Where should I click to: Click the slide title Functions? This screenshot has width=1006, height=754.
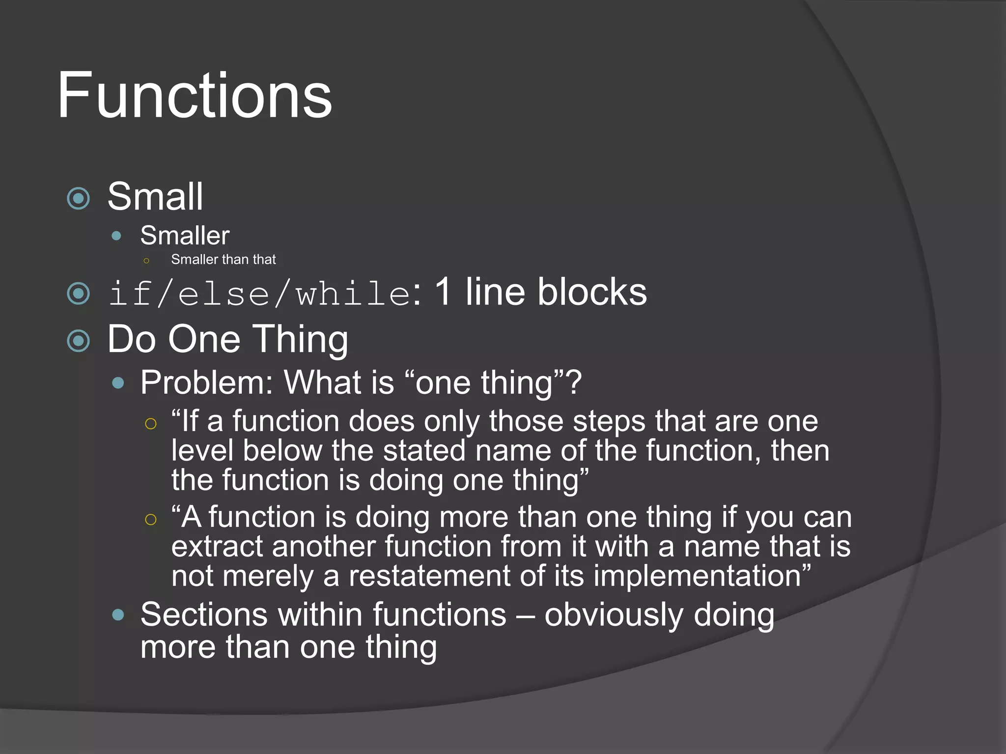pyautogui.click(x=195, y=95)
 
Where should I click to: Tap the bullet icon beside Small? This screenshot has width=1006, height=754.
pyautogui.click(x=79, y=198)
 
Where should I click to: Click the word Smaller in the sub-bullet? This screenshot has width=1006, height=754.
pyautogui.click(x=185, y=236)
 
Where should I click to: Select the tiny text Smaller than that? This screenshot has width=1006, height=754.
pyautogui.click(x=223, y=259)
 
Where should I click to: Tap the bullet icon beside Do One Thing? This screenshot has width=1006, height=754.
pyautogui.click(x=79, y=341)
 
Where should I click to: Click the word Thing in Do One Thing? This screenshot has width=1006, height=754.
pyautogui.click(x=301, y=339)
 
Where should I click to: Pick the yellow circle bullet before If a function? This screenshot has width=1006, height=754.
pyautogui.click(x=151, y=424)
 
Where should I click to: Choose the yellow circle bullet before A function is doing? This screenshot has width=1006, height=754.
pyautogui.click(x=151, y=519)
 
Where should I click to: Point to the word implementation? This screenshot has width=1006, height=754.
pyautogui.click(x=698, y=576)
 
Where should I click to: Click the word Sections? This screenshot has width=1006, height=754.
pyautogui.click(x=204, y=615)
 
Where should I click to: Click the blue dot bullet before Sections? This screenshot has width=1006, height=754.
pyautogui.click(x=118, y=615)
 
